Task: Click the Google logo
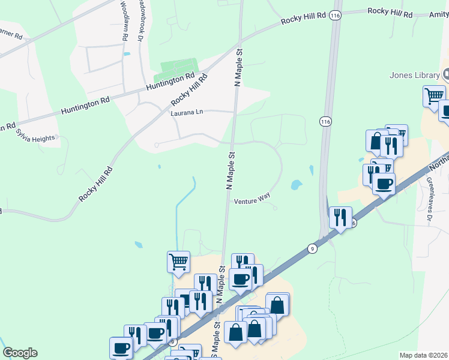click(x=20, y=353)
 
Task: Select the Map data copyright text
click(x=423, y=355)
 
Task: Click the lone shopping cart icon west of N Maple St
click(x=178, y=262)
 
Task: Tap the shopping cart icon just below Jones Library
click(x=433, y=96)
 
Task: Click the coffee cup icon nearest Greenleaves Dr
click(x=384, y=183)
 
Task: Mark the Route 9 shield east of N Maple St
click(x=312, y=248)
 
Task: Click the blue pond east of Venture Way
click(x=296, y=185)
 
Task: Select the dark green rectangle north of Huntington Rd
click(x=175, y=71)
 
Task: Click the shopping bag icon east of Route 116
click(x=376, y=141)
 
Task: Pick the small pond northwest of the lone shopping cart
click(x=139, y=245)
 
